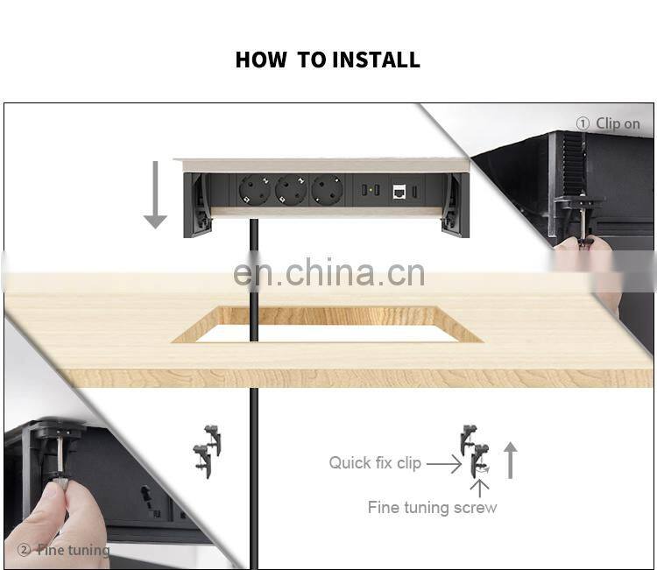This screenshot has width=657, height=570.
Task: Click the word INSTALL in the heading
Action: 377,60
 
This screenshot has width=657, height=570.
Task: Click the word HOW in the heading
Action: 261,60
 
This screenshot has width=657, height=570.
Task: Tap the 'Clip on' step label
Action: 618,123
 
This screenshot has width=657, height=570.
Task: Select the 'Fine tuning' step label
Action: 73,550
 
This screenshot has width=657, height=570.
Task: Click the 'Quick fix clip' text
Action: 375,463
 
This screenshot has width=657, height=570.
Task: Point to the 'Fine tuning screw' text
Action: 432,507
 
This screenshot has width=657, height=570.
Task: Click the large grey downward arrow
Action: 155,194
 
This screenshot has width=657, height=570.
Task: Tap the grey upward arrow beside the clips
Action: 510,461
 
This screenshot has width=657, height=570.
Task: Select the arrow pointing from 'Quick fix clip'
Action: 444,464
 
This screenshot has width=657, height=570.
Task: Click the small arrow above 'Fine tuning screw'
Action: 479,489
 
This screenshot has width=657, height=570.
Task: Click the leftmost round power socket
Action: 254,191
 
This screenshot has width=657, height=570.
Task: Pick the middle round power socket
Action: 291,191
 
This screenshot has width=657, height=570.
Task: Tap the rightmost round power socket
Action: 327,191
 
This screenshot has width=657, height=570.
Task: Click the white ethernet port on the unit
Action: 399,191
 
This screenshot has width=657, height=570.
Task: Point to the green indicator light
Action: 371,191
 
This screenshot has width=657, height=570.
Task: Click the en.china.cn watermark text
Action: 328,273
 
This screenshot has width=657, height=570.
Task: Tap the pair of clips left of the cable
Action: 207,452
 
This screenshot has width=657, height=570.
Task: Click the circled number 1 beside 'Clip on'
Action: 583,123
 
